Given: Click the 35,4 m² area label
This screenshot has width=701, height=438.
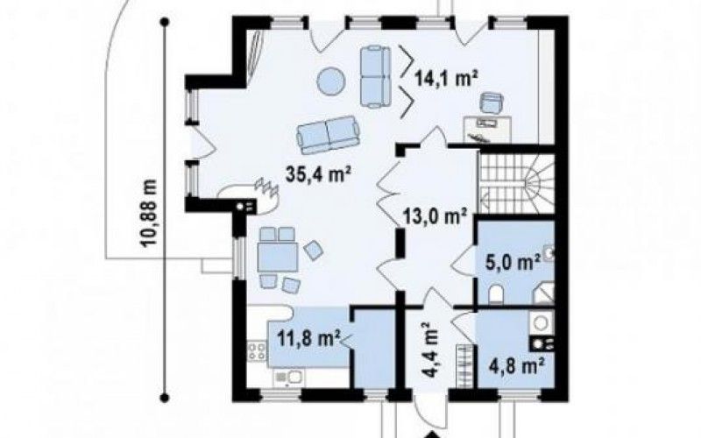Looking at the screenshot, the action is [x=317, y=174].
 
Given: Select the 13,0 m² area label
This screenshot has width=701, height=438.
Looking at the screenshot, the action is [x=435, y=217].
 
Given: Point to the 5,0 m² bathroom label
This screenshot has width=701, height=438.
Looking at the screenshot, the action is [x=513, y=262].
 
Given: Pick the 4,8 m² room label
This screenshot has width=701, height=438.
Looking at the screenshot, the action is [x=517, y=366].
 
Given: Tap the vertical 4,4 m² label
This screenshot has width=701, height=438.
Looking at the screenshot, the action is [x=430, y=350].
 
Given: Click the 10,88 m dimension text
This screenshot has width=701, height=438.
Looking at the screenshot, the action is [x=149, y=213].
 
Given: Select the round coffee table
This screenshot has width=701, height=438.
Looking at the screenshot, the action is [x=331, y=81].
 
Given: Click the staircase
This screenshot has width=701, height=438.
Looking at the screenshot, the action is [x=516, y=183].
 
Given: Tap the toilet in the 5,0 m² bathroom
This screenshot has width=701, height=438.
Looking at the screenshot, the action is [x=496, y=295].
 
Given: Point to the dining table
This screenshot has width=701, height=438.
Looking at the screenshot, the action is [x=278, y=257].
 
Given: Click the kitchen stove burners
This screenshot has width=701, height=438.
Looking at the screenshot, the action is [x=258, y=351].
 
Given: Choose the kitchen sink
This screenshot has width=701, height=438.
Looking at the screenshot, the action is [x=289, y=377].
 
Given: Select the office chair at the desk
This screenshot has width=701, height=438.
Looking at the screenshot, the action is [x=492, y=102].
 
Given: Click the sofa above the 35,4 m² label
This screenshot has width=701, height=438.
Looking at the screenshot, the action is [x=328, y=135].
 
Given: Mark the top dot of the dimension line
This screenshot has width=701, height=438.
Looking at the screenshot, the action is [x=165, y=21].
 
